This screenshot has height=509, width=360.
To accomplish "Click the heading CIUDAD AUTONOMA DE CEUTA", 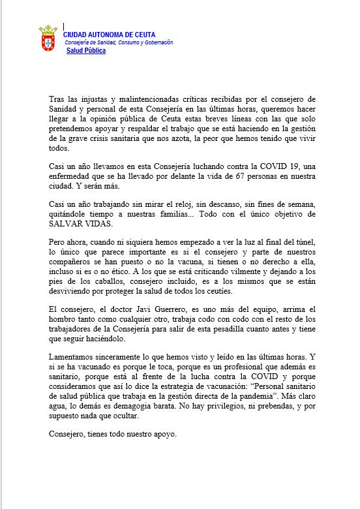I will point(109,35).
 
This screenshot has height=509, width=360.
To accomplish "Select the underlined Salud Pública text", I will point(86,50).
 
